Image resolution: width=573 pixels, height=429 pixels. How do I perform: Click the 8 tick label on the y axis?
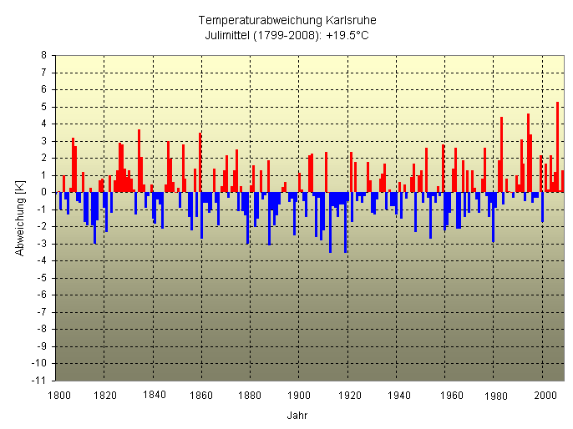click(44, 55)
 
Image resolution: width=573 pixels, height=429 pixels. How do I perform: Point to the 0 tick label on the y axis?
click(44, 192)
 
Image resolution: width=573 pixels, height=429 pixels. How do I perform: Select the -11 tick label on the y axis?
click(41, 381)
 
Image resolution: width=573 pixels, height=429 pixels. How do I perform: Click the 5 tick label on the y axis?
click(44, 107)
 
